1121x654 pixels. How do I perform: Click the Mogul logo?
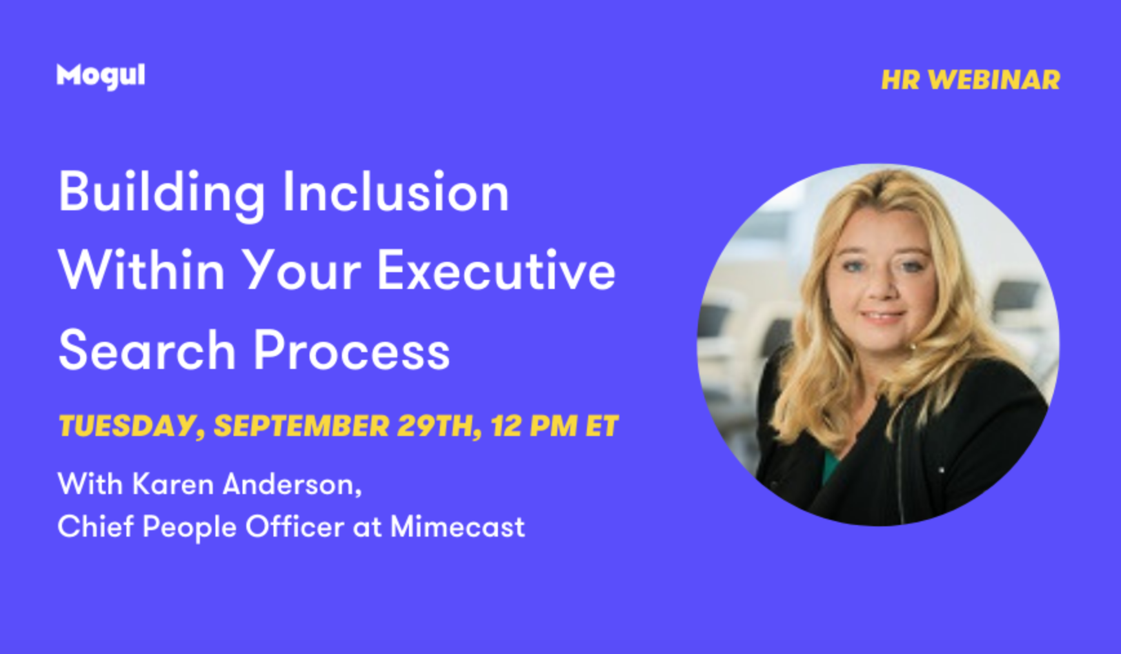[x=101, y=76]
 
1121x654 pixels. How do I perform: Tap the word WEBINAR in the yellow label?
[x=994, y=80]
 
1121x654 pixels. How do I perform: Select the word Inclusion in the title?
[x=396, y=192]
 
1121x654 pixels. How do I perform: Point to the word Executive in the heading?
[x=496, y=270]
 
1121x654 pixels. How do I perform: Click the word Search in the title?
[x=147, y=350]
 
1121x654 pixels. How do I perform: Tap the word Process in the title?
[x=352, y=350]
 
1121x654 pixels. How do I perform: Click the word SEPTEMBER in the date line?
[x=301, y=426]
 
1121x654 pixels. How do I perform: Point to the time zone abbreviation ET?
[x=602, y=426]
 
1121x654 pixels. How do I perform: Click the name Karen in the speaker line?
[x=173, y=484]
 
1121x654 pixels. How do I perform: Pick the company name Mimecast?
[x=457, y=526]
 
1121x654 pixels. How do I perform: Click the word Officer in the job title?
[x=295, y=526]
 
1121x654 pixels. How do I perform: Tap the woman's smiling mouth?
[x=883, y=317]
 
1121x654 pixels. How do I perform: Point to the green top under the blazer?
[x=830, y=466]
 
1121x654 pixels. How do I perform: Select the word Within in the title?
[x=141, y=270]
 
